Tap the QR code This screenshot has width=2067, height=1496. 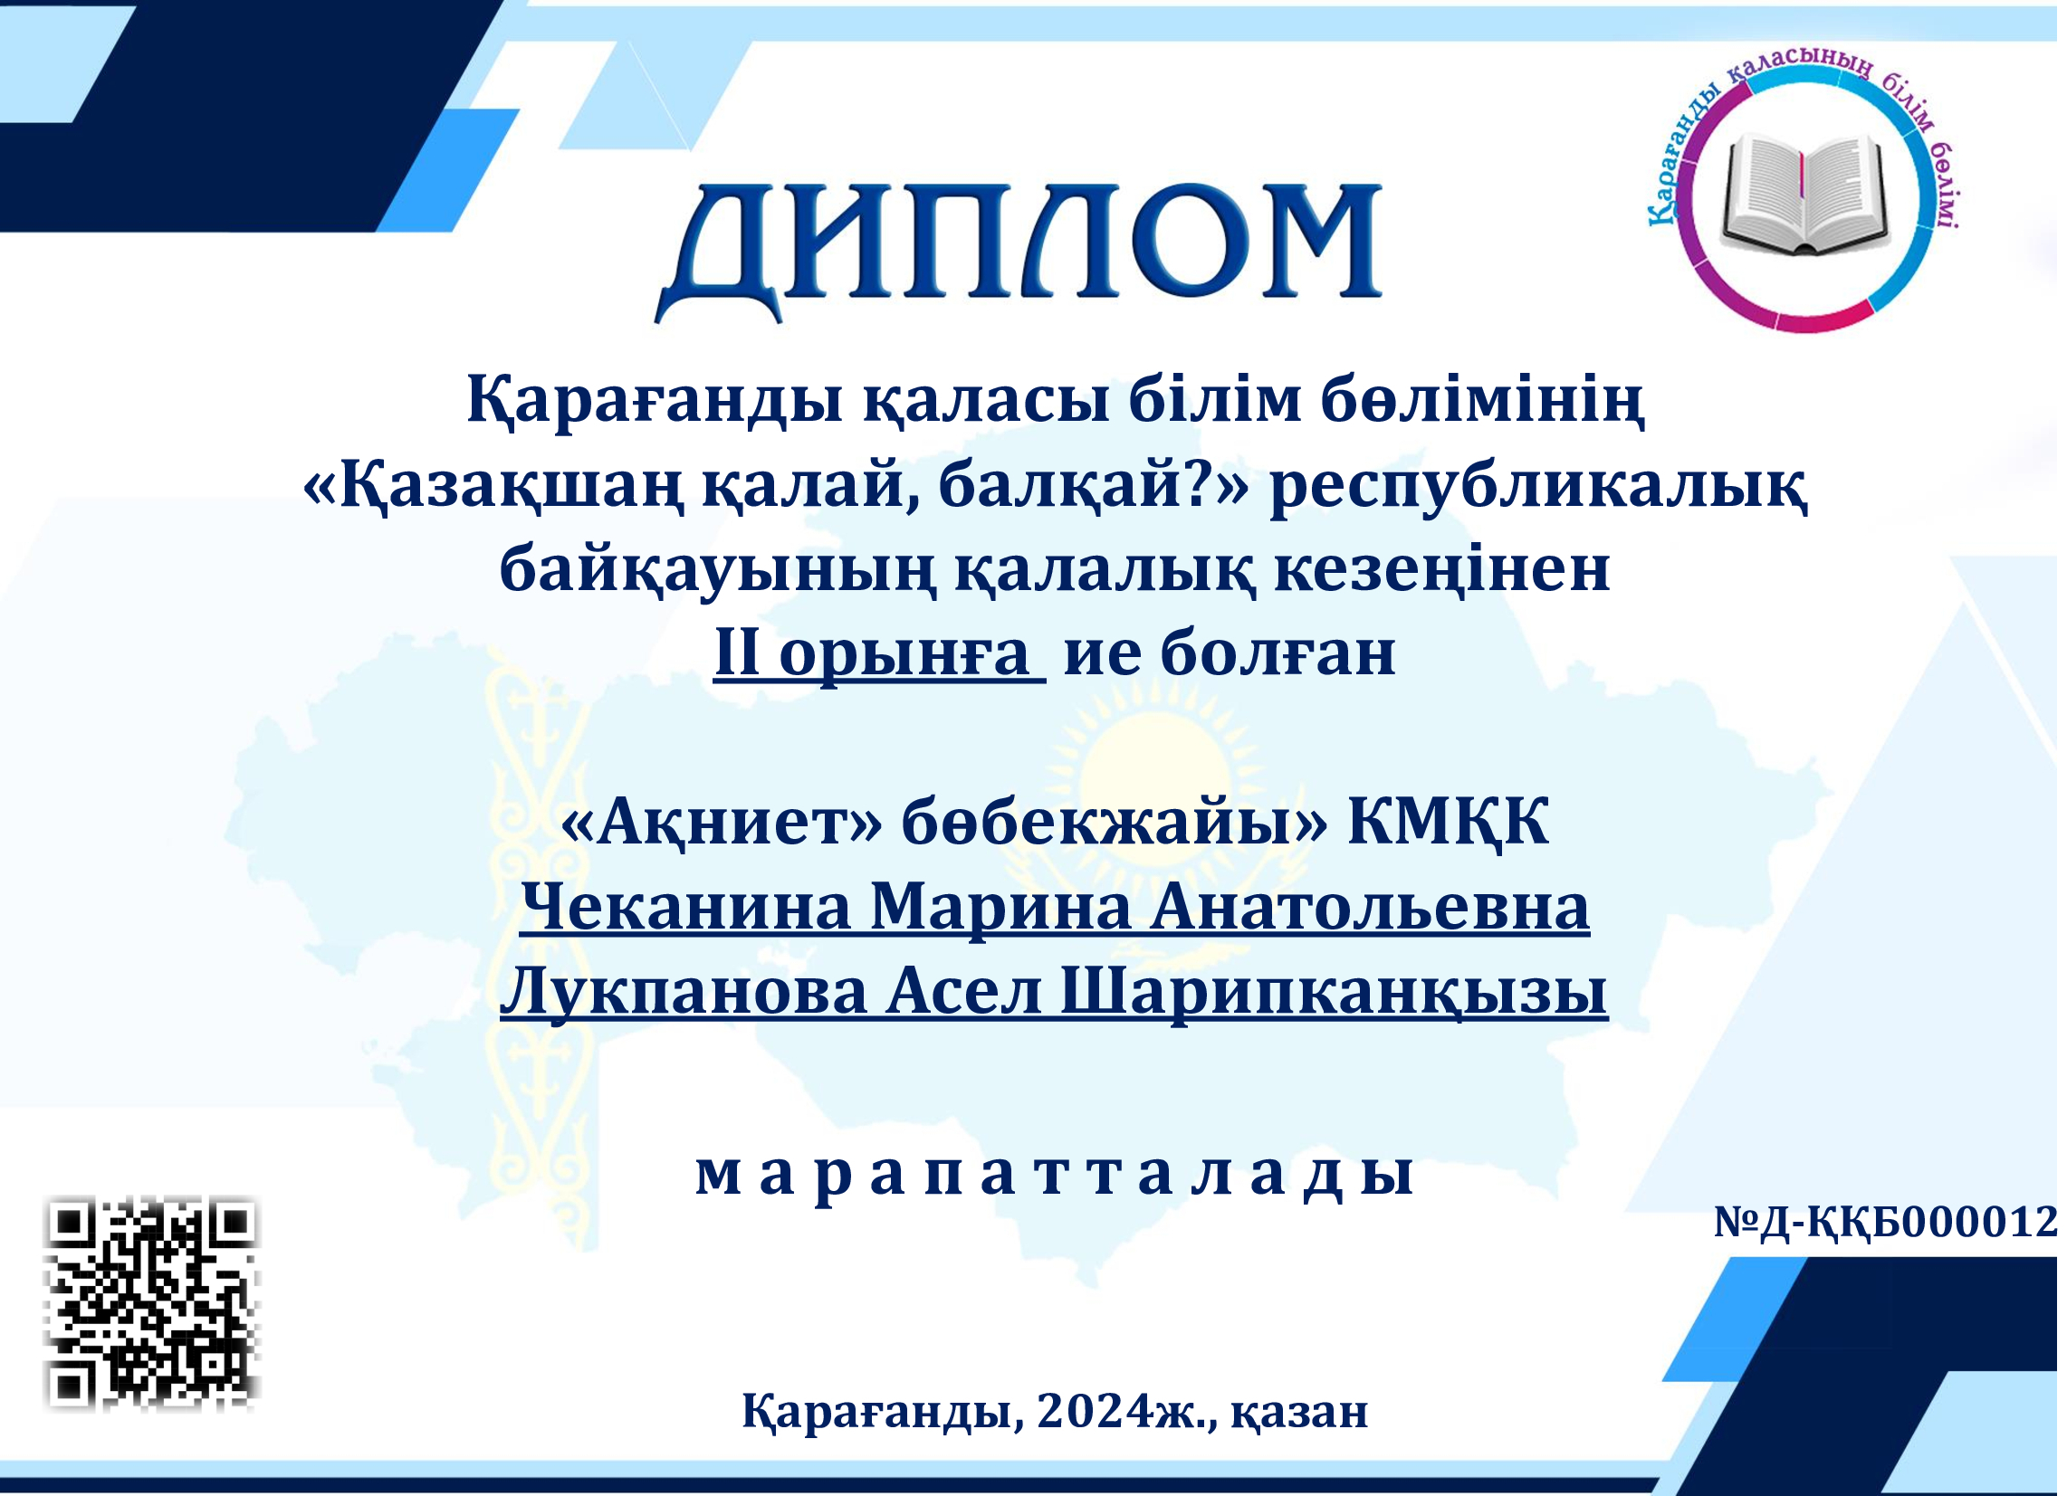point(152,1304)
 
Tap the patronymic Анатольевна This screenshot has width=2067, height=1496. point(1370,909)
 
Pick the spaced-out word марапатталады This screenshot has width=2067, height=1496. point(1055,1176)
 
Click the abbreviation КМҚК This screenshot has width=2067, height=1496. point(1448,825)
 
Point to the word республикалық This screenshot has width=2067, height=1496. point(1538,488)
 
